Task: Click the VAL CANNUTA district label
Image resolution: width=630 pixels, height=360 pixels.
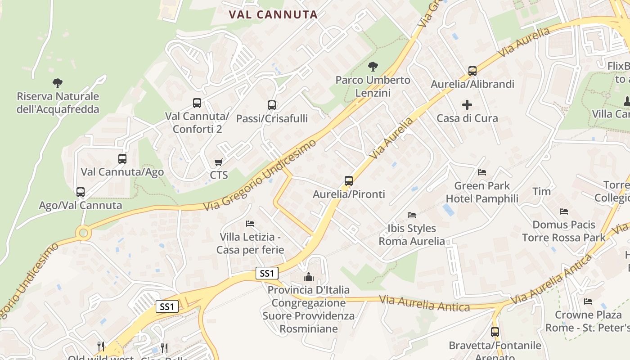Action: pyautogui.click(x=273, y=14)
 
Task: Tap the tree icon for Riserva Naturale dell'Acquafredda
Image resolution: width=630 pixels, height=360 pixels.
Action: pyautogui.click(x=57, y=83)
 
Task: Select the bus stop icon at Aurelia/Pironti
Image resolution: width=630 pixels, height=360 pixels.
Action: pyautogui.click(x=349, y=181)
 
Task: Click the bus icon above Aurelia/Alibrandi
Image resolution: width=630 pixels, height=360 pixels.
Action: pyautogui.click(x=472, y=71)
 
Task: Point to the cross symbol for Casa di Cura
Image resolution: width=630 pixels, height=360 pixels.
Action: pyautogui.click(x=467, y=105)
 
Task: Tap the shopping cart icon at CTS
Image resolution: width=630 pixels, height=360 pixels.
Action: pyautogui.click(x=219, y=162)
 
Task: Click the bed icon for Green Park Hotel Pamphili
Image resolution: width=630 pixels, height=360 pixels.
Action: pyautogui.click(x=482, y=172)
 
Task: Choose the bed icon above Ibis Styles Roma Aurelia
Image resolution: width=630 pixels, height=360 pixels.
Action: pyautogui.click(x=411, y=215)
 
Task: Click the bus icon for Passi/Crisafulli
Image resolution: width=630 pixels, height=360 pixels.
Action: pyautogui.click(x=272, y=105)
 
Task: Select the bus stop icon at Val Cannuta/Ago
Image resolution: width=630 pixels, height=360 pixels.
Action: pyautogui.click(x=122, y=158)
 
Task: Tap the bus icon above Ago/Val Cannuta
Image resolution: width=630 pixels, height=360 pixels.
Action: pyautogui.click(x=81, y=192)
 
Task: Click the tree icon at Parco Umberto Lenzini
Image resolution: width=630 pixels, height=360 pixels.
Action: pyautogui.click(x=373, y=67)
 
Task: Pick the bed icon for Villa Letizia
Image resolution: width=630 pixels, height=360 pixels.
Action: pyautogui.click(x=250, y=223)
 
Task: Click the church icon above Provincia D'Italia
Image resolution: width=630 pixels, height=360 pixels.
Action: pyautogui.click(x=308, y=276)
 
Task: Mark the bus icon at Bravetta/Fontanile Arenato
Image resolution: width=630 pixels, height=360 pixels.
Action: pyautogui.click(x=495, y=332)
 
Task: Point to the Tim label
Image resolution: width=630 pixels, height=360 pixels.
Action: pyautogui.click(x=541, y=191)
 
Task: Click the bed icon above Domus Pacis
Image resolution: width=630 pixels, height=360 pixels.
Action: pyautogui.click(x=563, y=211)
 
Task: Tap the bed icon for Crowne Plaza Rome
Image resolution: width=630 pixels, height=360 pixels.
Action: pyautogui.click(x=588, y=301)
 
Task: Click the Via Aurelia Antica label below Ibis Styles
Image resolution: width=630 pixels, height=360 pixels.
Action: pyautogui.click(x=424, y=304)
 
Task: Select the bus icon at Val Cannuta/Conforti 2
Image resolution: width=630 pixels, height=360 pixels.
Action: pyautogui.click(x=197, y=103)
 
